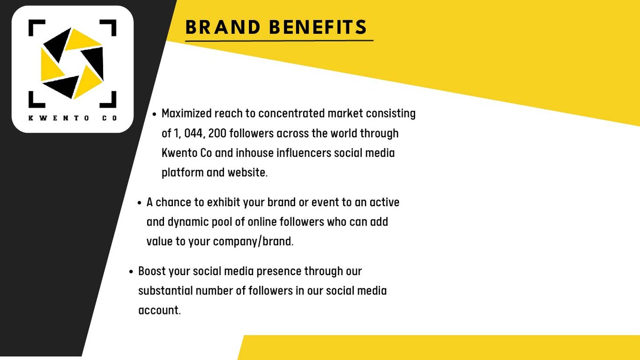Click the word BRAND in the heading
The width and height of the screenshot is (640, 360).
(x=223, y=27)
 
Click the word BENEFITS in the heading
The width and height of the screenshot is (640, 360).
(x=318, y=27)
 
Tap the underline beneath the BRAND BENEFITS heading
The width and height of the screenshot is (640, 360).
(x=279, y=41)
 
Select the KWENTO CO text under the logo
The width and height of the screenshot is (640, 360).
(x=73, y=118)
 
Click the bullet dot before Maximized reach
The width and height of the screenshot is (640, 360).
(x=155, y=114)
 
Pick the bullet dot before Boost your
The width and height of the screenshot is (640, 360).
(x=131, y=272)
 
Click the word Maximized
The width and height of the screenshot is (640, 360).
(x=186, y=113)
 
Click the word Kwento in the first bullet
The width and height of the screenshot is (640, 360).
(x=179, y=153)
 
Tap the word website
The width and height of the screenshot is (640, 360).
(x=247, y=172)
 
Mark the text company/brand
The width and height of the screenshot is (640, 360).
(x=253, y=242)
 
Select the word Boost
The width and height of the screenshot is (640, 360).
(x=152, y=271)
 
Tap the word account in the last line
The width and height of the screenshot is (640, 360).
(x=159, y=310)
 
